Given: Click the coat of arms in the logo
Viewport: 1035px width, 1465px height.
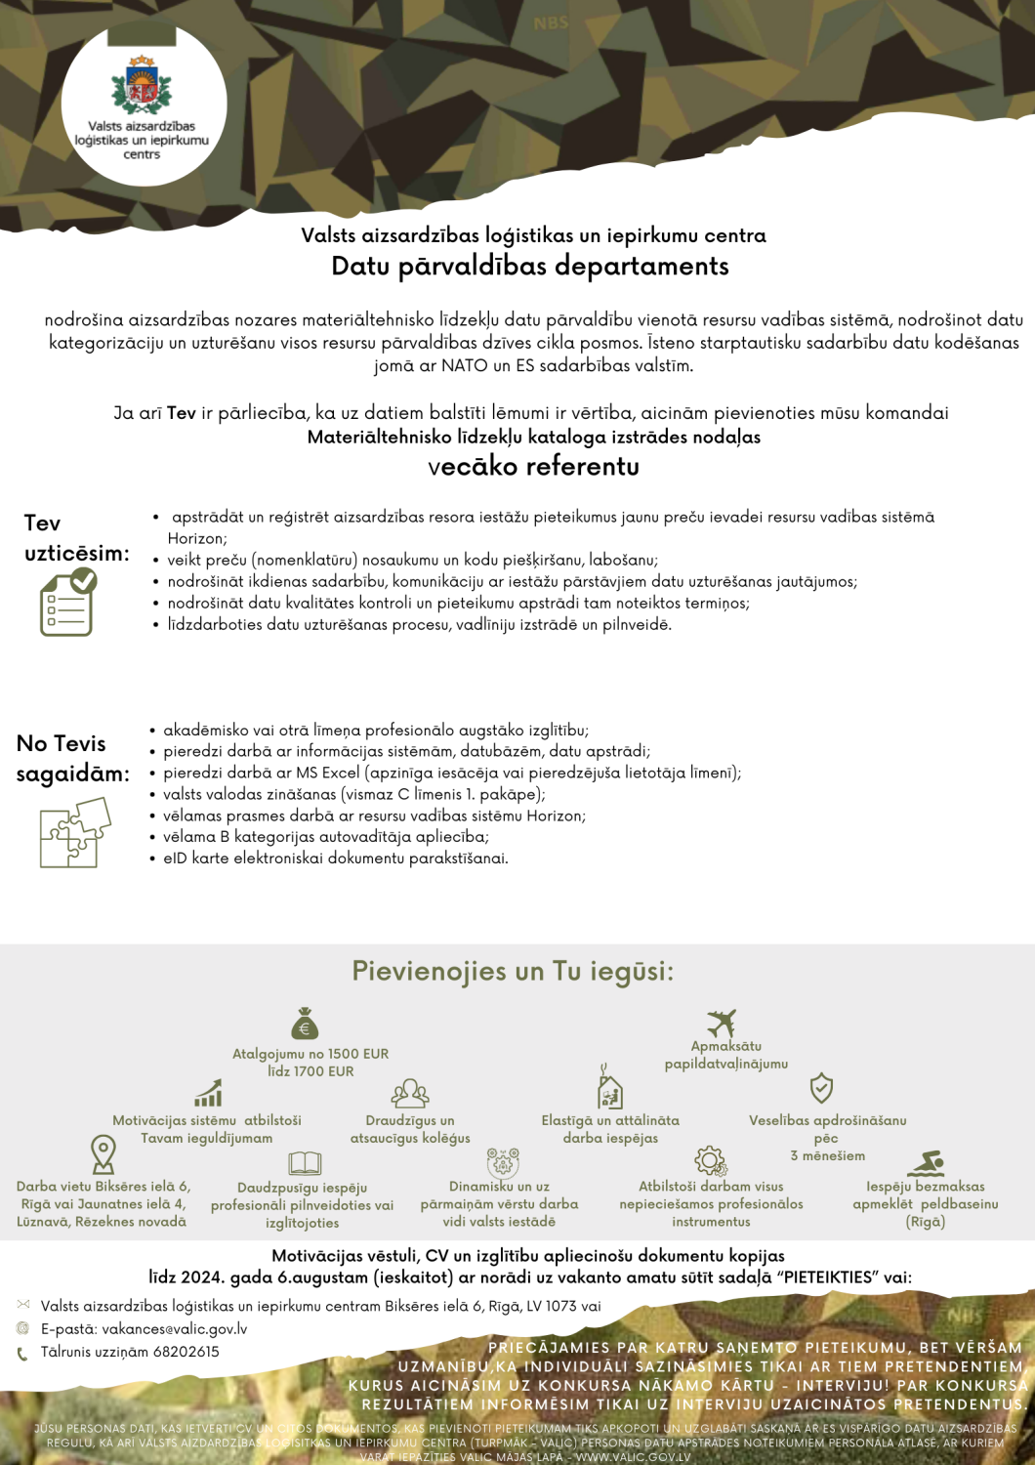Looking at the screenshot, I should pos(143,85).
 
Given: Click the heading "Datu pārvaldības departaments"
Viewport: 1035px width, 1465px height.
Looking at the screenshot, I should pos(529,266).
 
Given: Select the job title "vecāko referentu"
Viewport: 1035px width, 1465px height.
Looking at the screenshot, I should pos(533,466).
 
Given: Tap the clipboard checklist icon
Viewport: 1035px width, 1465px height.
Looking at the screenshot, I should pos(68,603).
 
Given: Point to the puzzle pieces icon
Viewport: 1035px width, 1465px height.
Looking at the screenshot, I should pos(74,832).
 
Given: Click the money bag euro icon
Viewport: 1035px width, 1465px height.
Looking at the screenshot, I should pos(305,1024).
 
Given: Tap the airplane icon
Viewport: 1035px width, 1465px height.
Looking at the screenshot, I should pos(722,1023).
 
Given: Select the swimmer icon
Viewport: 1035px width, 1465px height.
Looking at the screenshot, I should pos(926,1164).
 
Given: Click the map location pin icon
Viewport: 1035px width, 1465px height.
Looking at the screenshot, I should pos(103,1153).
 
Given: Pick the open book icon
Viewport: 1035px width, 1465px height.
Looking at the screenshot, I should pos(305,1163).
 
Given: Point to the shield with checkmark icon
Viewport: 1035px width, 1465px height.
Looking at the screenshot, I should pos(821,1088).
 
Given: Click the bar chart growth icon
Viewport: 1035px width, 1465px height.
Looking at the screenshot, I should pos(208,1094).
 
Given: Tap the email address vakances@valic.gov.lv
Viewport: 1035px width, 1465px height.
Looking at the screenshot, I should pos(175,1329).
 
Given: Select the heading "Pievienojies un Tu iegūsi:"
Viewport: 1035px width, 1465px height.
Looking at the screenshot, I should pos(513,971).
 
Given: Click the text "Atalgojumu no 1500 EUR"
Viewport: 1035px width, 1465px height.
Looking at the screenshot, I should pos(310,1054).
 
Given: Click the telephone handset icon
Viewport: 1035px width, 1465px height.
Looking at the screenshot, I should pos(22,1354).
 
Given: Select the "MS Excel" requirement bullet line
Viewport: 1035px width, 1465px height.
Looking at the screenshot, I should pos(452,773).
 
